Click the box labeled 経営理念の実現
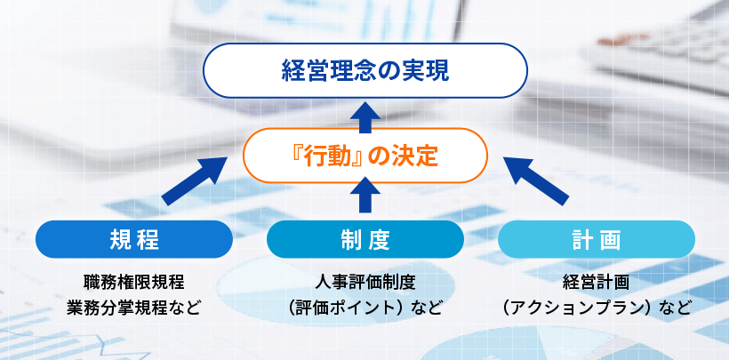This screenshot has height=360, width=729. (364, 69)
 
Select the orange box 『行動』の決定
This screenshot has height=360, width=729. (364, 156)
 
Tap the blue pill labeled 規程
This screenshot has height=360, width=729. (133, 239)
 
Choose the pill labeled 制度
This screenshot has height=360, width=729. (364, 239)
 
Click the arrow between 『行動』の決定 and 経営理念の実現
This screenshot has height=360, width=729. (364, 114)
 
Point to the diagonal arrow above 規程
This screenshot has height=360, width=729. (196, 182)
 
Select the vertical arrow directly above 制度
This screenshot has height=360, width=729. (364, 196)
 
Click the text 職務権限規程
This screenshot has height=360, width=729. (133, 283)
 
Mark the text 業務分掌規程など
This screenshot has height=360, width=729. (133, 308)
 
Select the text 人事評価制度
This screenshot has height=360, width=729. (364, 283)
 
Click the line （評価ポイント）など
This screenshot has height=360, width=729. (364, 308)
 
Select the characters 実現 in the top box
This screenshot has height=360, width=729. (426, 69)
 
